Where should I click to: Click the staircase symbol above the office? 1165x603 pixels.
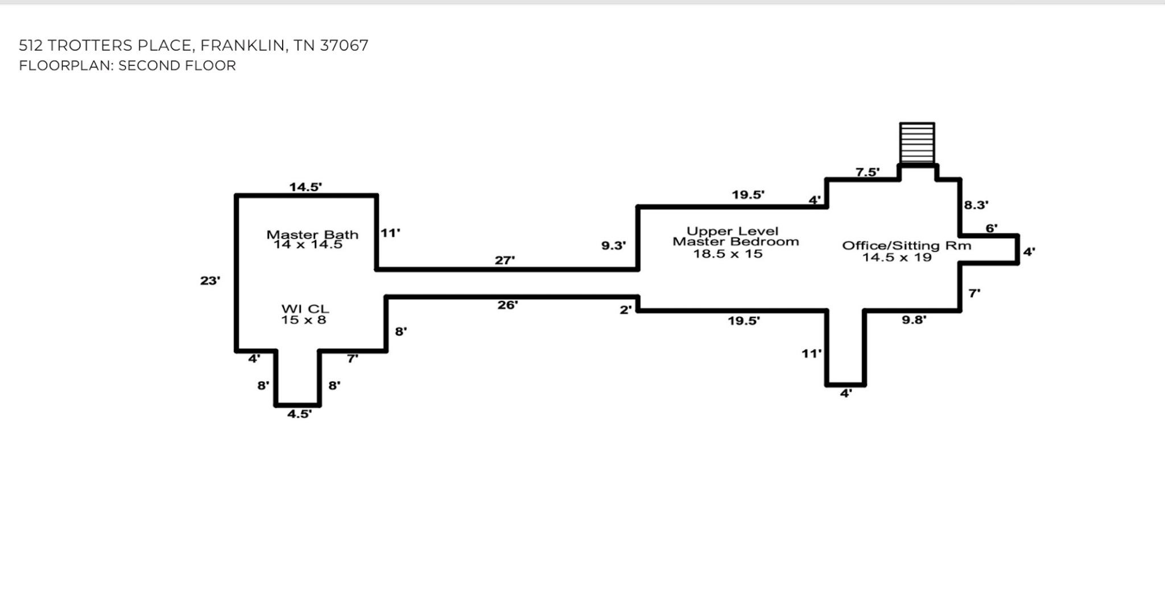coord(917,143)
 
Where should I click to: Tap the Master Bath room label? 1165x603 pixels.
coord(312,234)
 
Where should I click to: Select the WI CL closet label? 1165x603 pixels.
coord(305,309)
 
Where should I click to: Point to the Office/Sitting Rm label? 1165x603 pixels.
coord(907,245)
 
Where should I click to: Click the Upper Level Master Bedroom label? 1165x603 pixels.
coord(736,236)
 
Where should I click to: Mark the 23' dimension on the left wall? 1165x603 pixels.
coord(210,280)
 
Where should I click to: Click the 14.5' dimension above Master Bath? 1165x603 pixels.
coord(305,187)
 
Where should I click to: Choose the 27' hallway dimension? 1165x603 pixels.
coord(505,260)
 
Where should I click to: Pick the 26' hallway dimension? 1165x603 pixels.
coord(507,305)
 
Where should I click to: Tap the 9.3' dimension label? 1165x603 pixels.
coord(614,246)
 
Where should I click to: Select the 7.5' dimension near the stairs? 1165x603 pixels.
coord(867,172)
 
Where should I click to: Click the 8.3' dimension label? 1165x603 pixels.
coord(976,205)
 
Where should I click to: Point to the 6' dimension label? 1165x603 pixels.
coord(992,228)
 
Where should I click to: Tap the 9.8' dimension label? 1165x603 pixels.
coord(914,320)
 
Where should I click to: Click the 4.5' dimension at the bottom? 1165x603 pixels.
coord(299,414)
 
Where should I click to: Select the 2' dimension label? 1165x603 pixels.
coord(626,310)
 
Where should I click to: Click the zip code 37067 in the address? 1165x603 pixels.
coord(344,46)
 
